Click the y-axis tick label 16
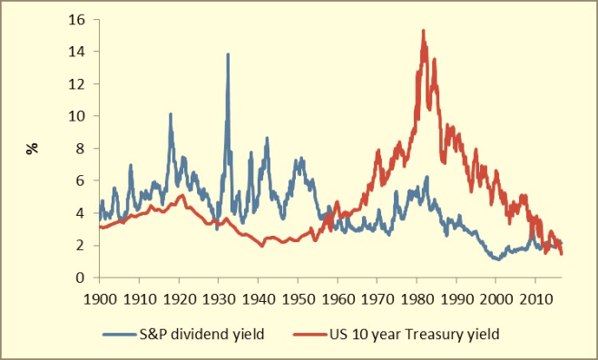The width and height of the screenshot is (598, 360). tap(79, 19)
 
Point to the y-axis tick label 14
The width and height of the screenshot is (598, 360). tap(79, 52)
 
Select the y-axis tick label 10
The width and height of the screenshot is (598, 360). tap(79, 116)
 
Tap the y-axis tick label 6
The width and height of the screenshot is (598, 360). tap(83, 180)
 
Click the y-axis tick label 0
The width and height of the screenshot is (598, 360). tap(83, 277)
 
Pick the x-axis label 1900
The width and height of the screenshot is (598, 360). tap(100, 297)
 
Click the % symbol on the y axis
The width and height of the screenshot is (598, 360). tap(33, 148)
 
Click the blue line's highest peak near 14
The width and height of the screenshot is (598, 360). tap(228, 54)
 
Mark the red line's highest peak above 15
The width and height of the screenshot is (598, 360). tap(423, 31)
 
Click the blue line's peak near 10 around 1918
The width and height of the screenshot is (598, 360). tap(170, 114)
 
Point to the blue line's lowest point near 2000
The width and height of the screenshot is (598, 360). tap(497, 259)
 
